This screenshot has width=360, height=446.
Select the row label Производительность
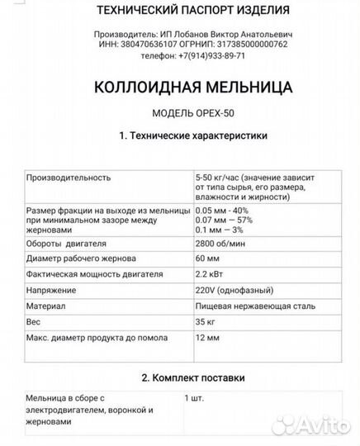point(69,177)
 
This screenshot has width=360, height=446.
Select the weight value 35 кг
point(206,321)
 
